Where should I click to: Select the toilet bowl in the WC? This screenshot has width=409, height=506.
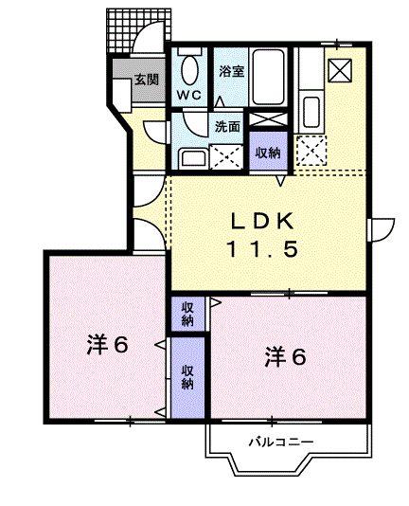click(190, 70)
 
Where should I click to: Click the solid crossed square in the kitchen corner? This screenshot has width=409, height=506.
click(340, 68)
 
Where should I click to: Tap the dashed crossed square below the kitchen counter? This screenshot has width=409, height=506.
click(310, 150)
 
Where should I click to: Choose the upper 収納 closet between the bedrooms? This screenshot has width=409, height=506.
click(187, 313)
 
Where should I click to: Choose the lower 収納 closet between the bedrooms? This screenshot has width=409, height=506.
click(187, 376)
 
